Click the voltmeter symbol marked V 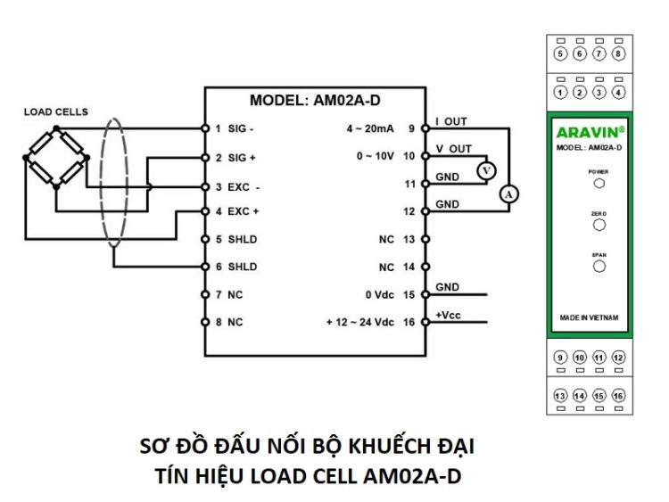[484, 169]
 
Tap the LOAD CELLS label [55, 111]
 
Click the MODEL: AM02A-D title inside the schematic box [320, 100]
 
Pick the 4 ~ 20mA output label [369, 128]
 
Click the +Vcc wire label [448, 315]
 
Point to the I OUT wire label [450, 121]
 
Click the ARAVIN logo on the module [588, 132]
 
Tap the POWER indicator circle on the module [599, 183]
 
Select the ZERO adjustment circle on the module [599, 226]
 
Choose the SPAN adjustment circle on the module [599, 266]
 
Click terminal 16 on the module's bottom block [618, 395]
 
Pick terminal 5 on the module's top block [560, 53]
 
